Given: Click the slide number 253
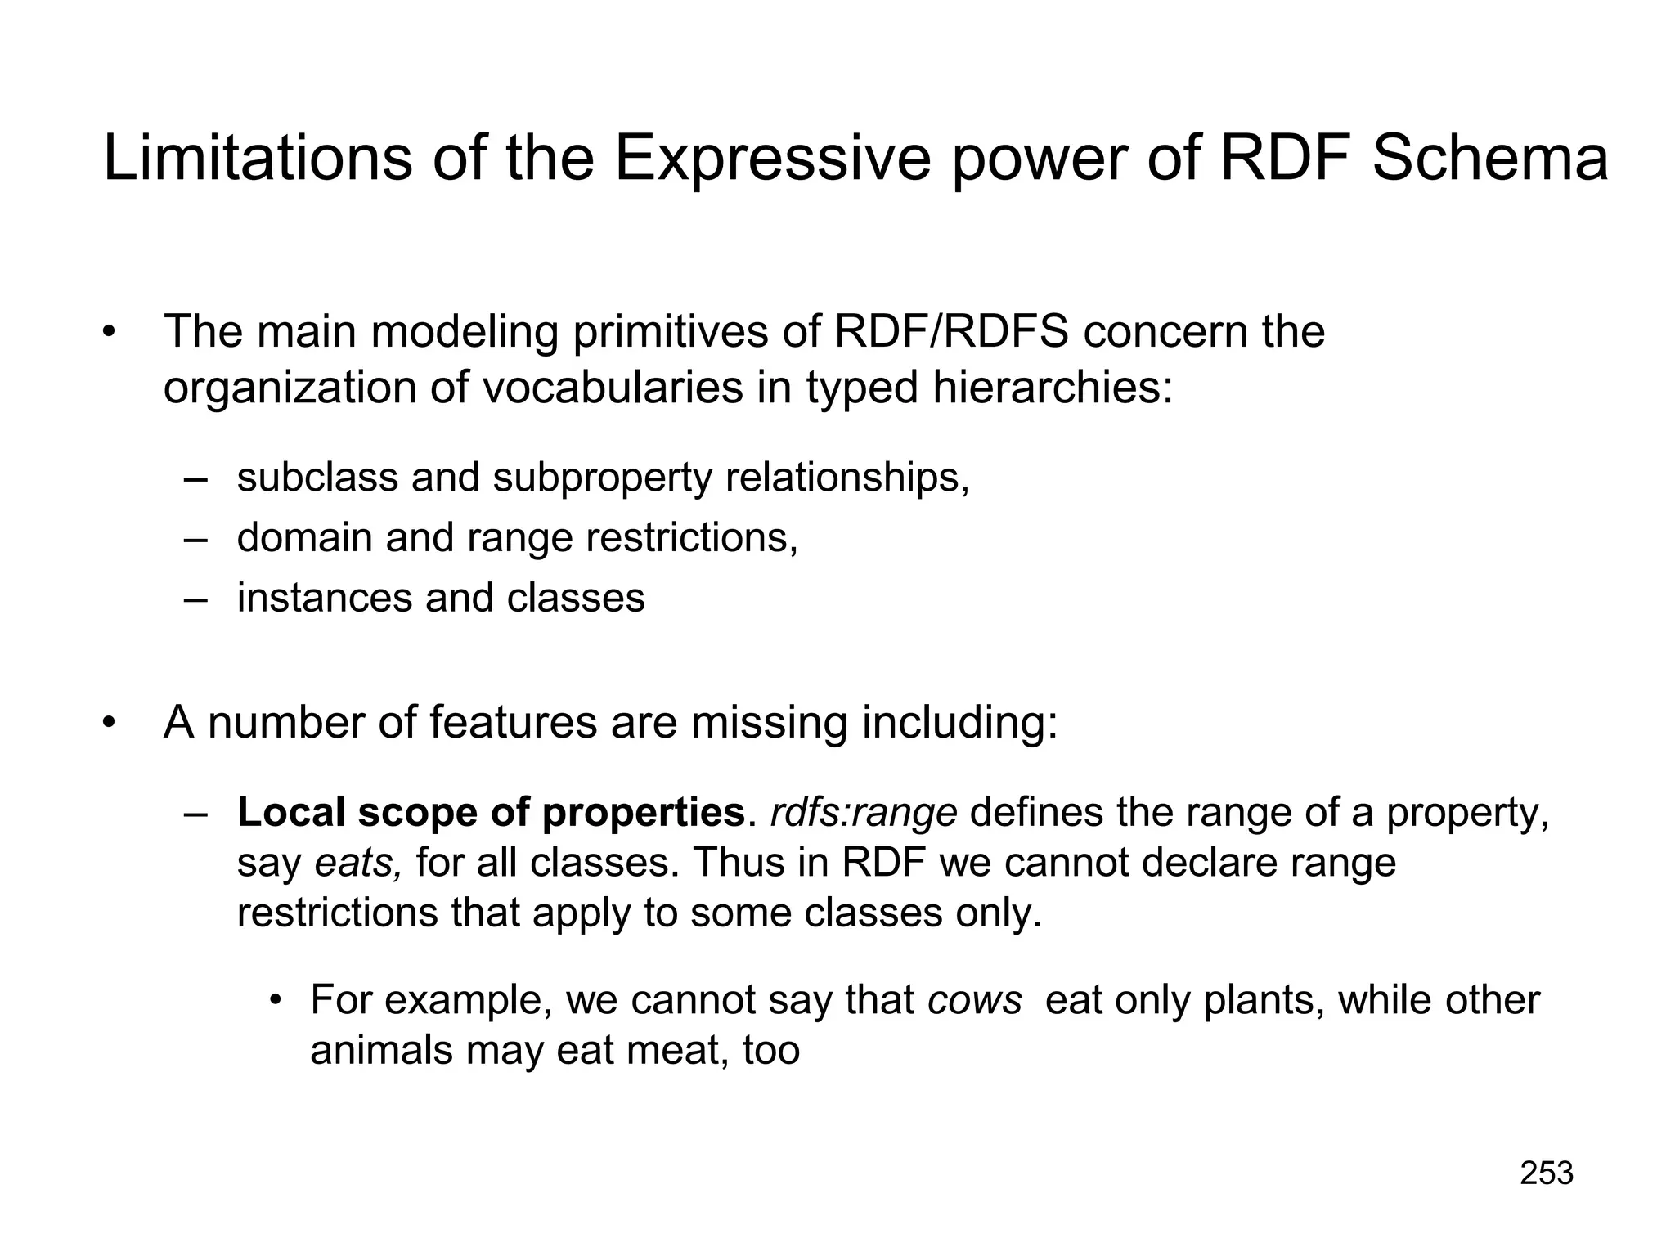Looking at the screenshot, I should [1547, 1173].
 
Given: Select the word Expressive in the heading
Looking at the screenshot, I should [772, 160].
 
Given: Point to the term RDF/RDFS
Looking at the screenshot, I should [950, 332].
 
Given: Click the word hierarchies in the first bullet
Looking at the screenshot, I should [1053, 388].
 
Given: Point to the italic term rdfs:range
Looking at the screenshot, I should [864, 813].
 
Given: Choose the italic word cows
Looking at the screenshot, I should [975, 1000].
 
